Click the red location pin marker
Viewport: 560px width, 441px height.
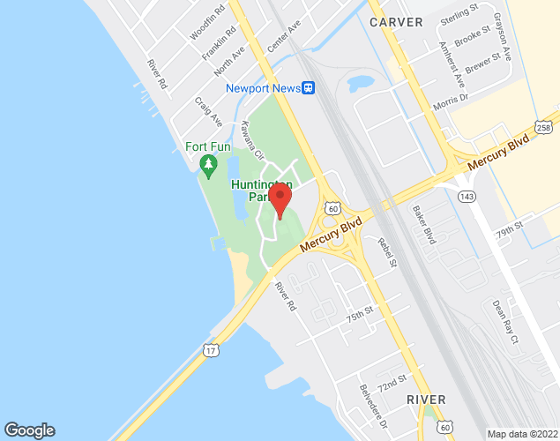tap(280, 199)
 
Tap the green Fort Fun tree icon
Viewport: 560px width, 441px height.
tap(208, 163)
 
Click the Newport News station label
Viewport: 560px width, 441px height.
tap(263, 87)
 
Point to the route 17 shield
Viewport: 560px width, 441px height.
tap(211, 350)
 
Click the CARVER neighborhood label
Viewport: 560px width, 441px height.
tap(396, 21)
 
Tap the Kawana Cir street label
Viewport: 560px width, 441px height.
tap(253, 139)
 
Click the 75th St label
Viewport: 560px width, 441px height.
tap(360, 313)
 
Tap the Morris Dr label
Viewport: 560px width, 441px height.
tap(449, 101)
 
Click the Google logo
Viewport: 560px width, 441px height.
tap(28, 430)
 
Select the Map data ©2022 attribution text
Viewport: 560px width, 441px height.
tap(522, 434)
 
